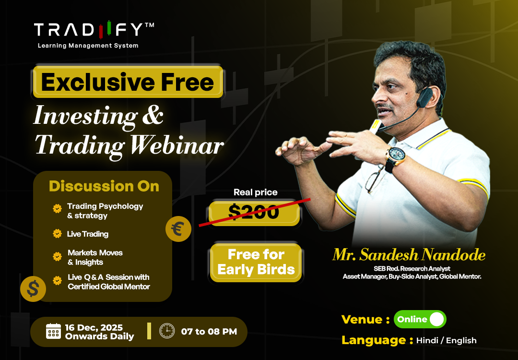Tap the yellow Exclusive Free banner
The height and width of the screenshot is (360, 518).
pos(128,82)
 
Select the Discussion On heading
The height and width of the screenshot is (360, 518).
pos(104,186)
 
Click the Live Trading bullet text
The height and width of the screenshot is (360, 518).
pos(88,234)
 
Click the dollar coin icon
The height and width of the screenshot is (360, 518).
pos(33,289)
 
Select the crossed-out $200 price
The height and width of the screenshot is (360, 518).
pos(254,212)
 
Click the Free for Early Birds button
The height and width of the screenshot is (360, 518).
pos(256,262)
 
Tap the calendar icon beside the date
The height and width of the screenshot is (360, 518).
pos(53,331)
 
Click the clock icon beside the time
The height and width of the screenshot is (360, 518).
pos(167,331)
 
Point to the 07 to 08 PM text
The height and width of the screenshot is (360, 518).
pos(209,331)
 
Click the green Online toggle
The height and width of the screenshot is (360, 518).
pos(420,319)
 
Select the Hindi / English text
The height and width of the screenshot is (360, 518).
pos(446,340)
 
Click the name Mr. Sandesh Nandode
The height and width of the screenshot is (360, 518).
pos(409,255)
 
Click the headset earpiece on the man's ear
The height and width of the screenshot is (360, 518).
pos(422,99)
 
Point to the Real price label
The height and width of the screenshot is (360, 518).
pos(255,192)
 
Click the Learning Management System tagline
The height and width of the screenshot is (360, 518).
pos(88,46)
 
